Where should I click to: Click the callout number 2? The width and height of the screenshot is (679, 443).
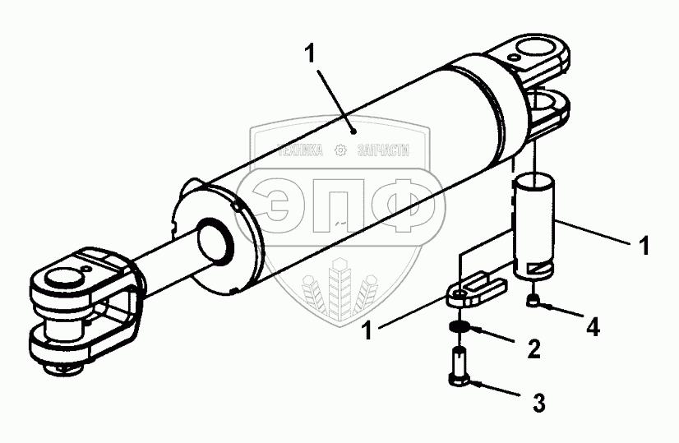(x=533, y=349)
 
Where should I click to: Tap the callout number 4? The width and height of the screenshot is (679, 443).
(x=593, y=326)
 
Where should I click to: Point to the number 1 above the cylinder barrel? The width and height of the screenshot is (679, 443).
(x=309, y=55)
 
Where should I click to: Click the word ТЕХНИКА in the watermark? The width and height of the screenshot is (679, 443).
(x=304, y=151)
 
